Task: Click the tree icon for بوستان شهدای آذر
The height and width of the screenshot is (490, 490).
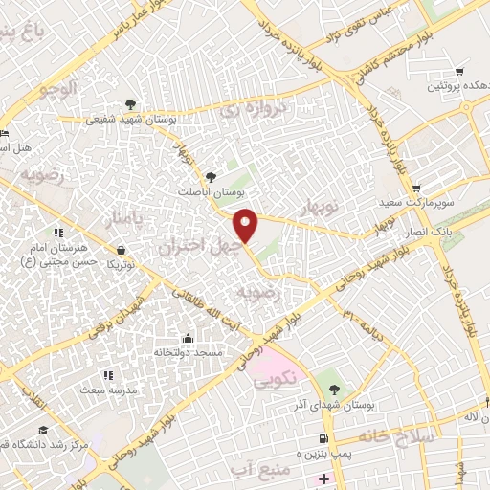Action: coord(334,390)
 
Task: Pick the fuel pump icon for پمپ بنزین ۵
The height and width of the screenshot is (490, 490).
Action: coord(319,438)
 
